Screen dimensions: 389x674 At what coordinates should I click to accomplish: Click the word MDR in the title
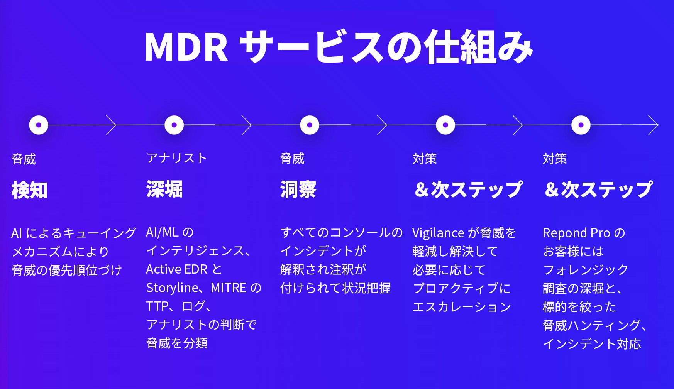[x=186, y=47]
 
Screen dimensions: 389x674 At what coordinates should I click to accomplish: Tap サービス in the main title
[x=313, y=47]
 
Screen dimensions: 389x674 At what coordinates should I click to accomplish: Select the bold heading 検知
[x=30, y=190]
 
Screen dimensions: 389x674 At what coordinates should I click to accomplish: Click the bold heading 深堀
[x=164, y=189]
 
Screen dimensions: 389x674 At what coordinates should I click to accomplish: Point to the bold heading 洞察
[x=298, y=189]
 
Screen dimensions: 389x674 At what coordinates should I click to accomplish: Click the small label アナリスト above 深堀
[x=177, y=158]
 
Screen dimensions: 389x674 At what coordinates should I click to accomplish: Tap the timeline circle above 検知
[x=39, y=125]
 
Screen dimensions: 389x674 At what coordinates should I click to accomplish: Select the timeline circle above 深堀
[x=174, y=125]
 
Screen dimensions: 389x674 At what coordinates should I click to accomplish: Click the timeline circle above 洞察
[x=310, y=125]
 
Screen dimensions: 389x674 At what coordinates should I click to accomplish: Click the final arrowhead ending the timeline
[x=654, y=125]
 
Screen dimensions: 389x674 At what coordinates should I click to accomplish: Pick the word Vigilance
[x=438, y=233]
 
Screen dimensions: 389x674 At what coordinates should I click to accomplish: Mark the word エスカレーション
[x=462, y=307]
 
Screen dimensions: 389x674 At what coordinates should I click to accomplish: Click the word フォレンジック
[x=586, y=269]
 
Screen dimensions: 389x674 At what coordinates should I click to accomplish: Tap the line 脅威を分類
[x=177, y=343]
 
